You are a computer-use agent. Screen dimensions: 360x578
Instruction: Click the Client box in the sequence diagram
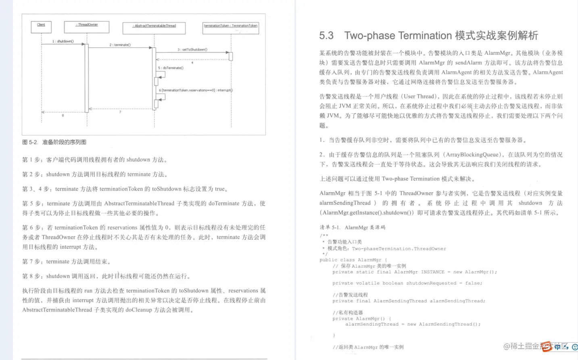(x=41, y=27)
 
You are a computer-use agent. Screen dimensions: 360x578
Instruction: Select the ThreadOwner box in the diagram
(x=87, y=27)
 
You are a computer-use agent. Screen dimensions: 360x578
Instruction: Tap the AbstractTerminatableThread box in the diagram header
(x=154, y=28)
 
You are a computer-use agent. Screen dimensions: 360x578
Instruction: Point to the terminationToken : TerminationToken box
(x=231, y=28)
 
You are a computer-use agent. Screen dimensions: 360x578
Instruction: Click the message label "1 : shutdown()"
(x=63, y=41)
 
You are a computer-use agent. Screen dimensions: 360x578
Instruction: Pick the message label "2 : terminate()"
(x=120, y=45)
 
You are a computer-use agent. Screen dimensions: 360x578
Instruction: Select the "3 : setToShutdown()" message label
(x=192, y=50)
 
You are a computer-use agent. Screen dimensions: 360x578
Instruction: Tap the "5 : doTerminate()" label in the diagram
(x=171, y=68)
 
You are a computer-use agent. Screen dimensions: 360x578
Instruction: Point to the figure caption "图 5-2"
(x=30, y=142)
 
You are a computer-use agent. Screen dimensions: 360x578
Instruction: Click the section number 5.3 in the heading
(x=326, y=35)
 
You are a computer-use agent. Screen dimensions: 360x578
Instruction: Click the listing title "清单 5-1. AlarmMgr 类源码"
(x=352, y=227)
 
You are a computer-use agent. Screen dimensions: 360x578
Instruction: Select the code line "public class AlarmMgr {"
(x=353, y=260)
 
